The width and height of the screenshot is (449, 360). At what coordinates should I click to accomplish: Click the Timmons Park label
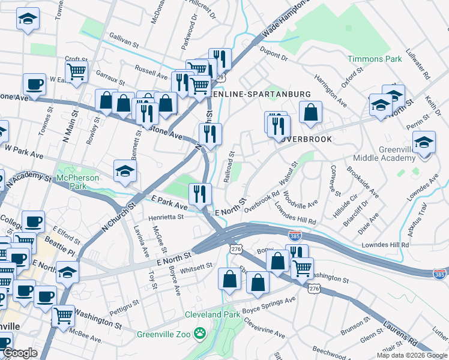point(375,59)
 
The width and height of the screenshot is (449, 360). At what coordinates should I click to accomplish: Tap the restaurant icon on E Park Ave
point(199,193)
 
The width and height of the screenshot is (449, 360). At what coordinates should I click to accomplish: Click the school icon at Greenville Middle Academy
point(424,142)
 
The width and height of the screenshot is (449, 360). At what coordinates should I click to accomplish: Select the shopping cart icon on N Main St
point(76,71)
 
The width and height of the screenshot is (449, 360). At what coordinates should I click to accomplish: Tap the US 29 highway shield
point(220,78)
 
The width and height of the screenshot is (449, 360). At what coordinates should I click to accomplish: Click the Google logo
point(20,353)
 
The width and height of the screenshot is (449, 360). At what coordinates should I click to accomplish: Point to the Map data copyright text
point(411,355)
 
